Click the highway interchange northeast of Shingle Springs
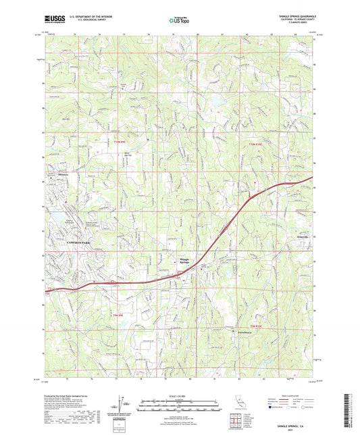pyautogui.click(x=253, y=197)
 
